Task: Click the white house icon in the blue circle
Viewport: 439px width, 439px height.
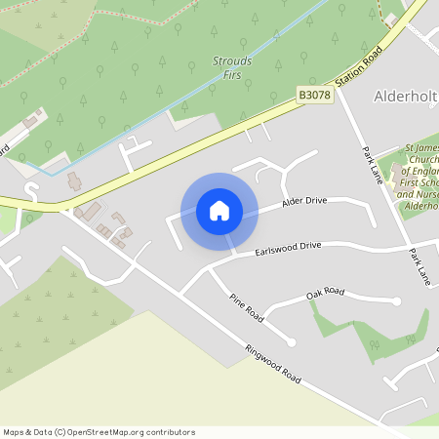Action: pos(219,211)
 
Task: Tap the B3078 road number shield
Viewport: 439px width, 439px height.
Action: pos(315,95)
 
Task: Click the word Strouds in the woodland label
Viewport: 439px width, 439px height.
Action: pos(232,61)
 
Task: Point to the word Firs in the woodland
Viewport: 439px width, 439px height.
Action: pos(232,74)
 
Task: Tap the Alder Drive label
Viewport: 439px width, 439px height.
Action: pos(304,202)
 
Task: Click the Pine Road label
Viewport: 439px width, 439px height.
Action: pos(247,308)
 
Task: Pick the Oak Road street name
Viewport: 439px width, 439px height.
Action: pos(326,292)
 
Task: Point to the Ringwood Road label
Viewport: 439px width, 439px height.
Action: pos(273,365)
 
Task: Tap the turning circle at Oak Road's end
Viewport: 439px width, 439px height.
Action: pos(396,301)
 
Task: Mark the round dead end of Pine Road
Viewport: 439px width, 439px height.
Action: pos(291,340)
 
